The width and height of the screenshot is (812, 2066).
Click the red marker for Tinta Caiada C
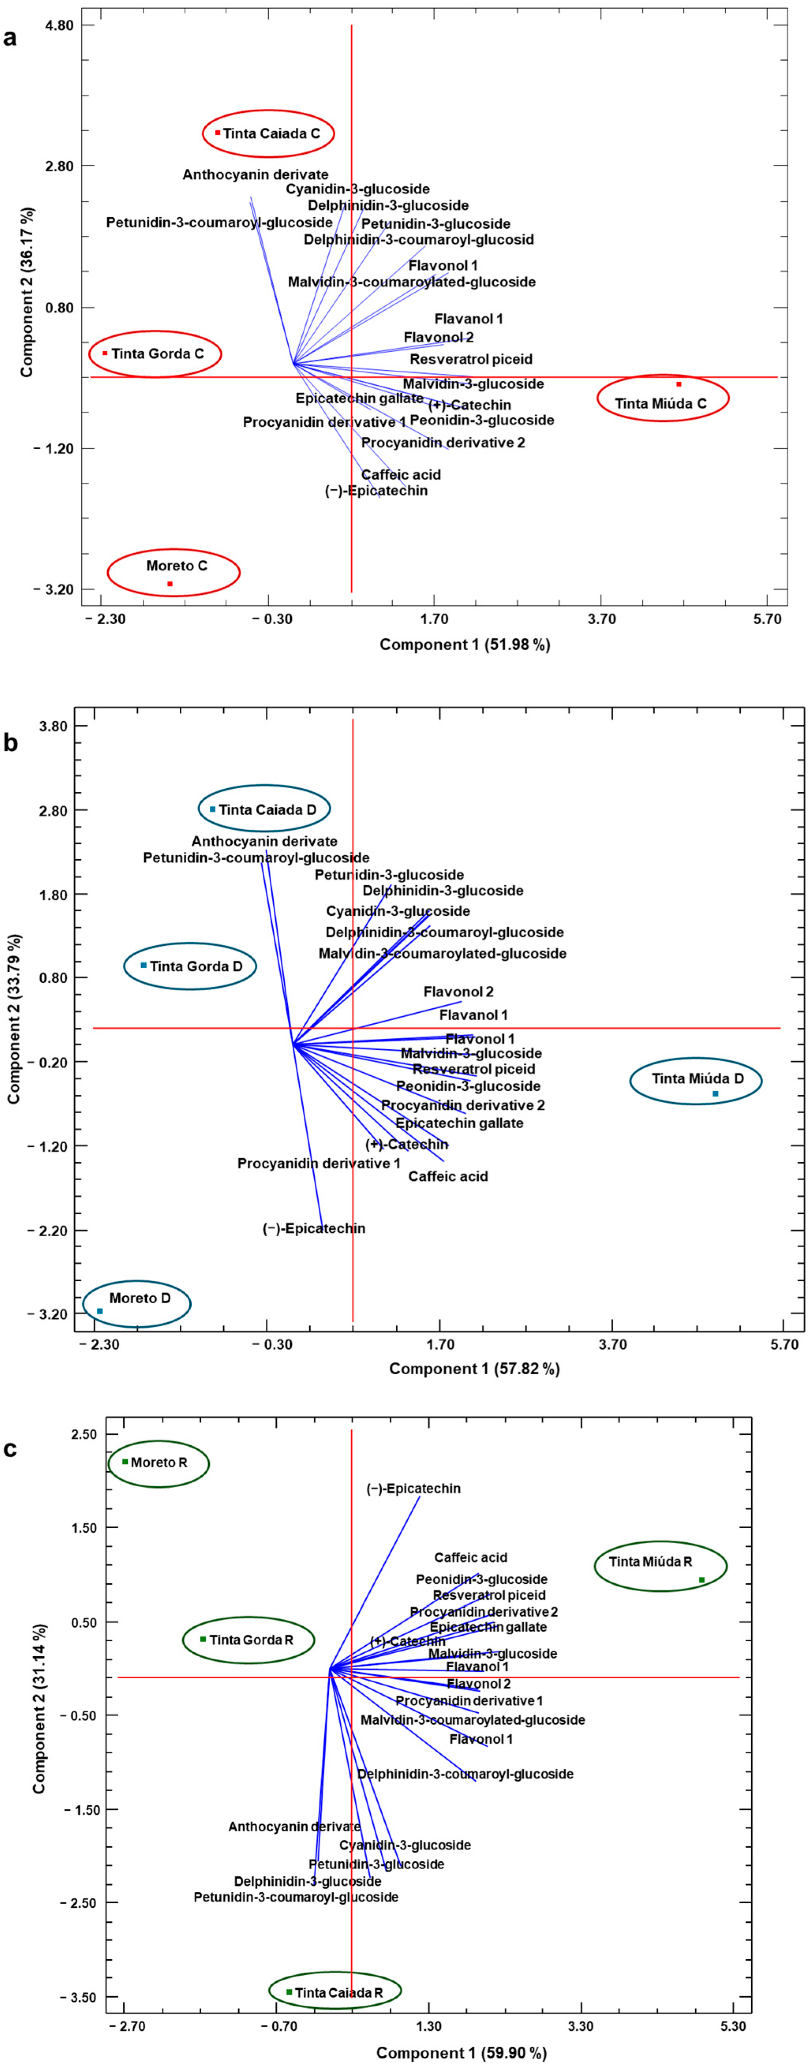click(x=217, y=133)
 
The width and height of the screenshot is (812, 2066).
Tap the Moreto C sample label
click(x=177, y=565)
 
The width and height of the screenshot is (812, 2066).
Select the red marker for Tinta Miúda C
click(x=679, y=384)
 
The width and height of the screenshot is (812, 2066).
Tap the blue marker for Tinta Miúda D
click(x=715, y=1093)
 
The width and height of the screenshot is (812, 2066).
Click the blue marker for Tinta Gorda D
click(x=144, y=965)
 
